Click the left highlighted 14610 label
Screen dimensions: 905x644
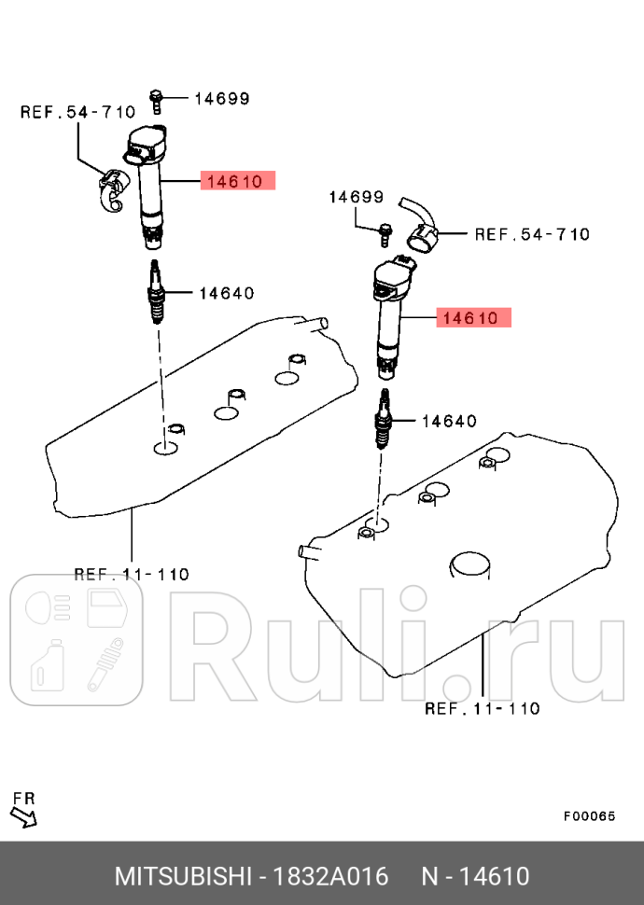[237, 180]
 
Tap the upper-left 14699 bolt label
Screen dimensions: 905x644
[223, 97]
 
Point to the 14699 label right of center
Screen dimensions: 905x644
[356, 197]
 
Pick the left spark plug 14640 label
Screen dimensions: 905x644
[226, 293]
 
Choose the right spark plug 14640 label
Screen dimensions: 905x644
[450, 421]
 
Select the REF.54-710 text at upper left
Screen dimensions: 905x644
[77, 113]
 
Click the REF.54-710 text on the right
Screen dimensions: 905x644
[532, 233]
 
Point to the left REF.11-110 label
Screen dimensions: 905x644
[131, 574]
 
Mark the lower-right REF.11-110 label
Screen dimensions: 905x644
[482, 708]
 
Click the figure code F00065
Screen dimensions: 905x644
[589, 815]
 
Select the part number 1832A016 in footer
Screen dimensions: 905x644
[337, 876]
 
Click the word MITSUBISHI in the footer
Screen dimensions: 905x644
[183, 876]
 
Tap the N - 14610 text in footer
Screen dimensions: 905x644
[475, 876]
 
